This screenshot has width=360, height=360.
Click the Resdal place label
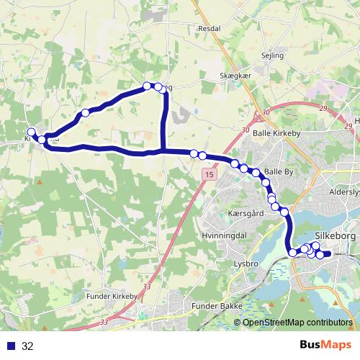pos(209,28)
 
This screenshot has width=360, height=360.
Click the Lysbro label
pos(246,264)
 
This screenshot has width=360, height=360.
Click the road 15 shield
pos(209,175)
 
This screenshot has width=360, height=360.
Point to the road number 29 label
pos(321,107)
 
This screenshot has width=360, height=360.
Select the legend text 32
pos(27,346)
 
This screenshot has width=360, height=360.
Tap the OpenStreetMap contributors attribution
pos(297,323)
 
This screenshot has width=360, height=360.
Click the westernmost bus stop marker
pos(31,132)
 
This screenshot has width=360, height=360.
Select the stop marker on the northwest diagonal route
pos(85,112)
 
